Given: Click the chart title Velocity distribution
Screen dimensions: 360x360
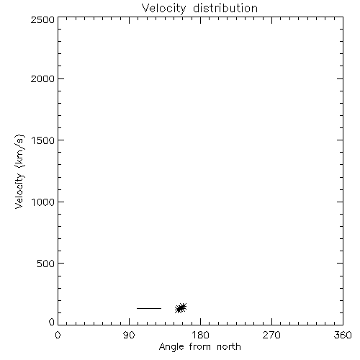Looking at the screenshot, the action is pos(199,8).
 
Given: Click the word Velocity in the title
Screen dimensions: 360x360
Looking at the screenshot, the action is pos(163,8).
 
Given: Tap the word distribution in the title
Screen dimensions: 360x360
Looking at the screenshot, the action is pos(225,8).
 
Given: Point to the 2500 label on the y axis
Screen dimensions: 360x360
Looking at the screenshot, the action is pos(42,19).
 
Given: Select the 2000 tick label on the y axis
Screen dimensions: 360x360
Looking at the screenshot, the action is pos(42,78).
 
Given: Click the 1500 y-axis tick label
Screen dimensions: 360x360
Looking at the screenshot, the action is pos(43,140).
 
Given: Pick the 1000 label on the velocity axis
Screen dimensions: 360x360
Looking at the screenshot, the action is pos(43,202).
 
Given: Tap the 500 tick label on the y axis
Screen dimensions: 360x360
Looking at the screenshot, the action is pos(46,264).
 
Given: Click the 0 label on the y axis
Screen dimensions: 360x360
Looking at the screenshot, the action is pos(52,322).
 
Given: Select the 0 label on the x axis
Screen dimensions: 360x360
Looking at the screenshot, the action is pos(58,335).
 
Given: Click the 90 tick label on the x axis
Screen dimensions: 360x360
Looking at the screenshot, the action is pos(129,335).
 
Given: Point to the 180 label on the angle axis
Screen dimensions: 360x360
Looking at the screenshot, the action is pos(201,335).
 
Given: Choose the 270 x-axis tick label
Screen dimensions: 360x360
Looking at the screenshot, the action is pos(271,335).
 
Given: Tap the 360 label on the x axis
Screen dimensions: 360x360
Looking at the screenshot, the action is pos(343,335).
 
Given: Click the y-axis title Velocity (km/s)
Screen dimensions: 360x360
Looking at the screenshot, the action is pos(19,172).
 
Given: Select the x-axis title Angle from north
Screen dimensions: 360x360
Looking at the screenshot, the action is pos(200,347).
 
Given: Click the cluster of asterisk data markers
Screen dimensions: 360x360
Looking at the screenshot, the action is pos(181,308).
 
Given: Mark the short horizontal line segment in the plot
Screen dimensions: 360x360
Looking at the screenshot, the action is pos(149,308).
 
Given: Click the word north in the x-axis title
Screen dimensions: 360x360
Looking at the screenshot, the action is pos(229,346).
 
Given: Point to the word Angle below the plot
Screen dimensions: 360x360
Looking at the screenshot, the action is pos(171,347).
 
